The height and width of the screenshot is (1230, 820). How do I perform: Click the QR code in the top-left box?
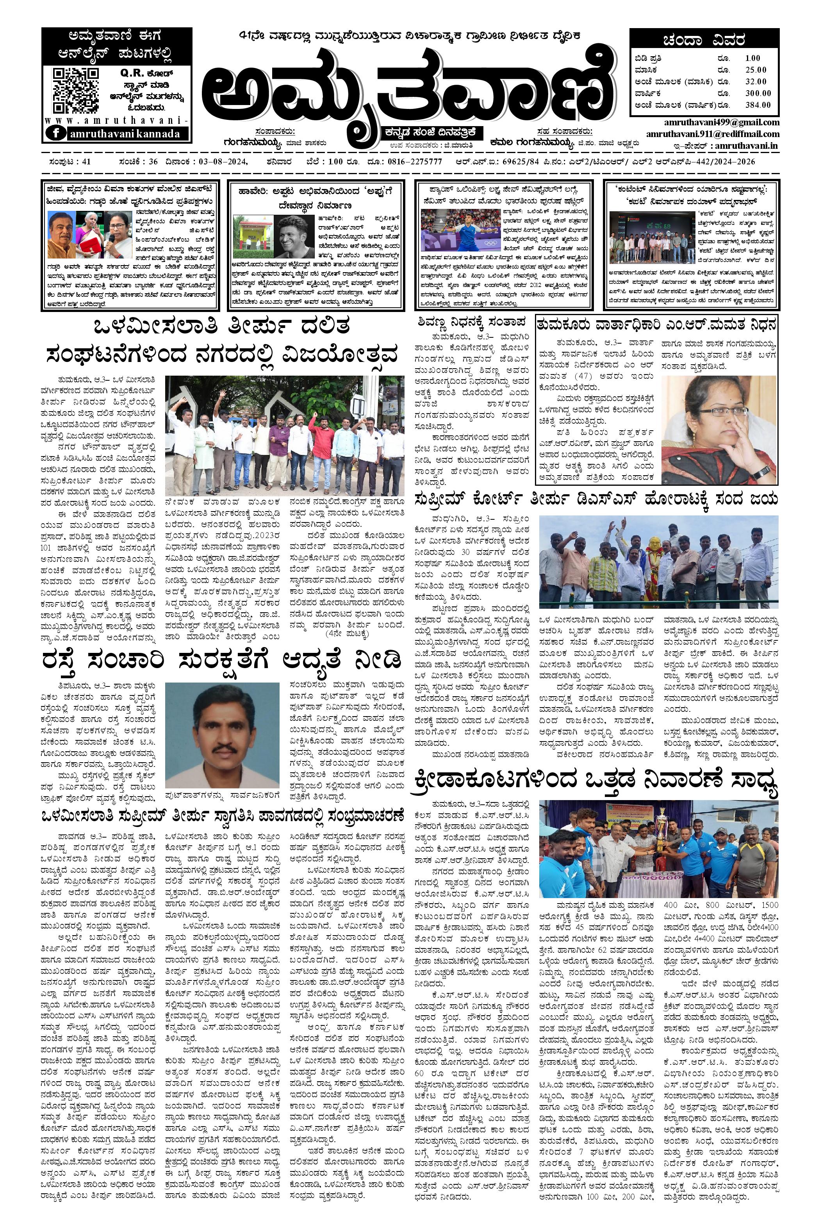click(x=76, y=91)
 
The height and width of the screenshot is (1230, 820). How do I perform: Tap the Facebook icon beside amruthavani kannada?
click(x=56, y=134)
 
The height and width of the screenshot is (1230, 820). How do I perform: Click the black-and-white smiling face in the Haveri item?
click(x=296, y=236)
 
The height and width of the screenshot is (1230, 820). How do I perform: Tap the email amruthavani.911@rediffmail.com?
click(x=712, y=134)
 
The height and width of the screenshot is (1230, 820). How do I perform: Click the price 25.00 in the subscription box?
click(x=756, y=70)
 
